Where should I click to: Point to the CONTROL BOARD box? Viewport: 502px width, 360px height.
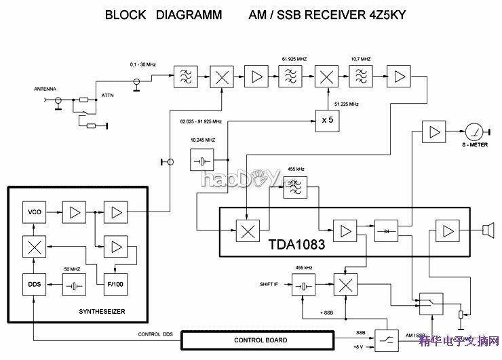pos(260,340)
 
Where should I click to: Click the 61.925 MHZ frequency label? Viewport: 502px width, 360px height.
pos(294,59)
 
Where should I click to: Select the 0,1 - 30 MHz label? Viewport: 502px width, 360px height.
pos(143,64)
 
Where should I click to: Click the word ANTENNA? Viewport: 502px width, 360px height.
pos(45,89)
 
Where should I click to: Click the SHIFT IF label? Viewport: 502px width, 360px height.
pos(269,284)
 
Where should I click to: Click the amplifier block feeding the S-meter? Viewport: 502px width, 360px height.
pos(432,131)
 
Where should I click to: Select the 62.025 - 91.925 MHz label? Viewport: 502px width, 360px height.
pos(201,122)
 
